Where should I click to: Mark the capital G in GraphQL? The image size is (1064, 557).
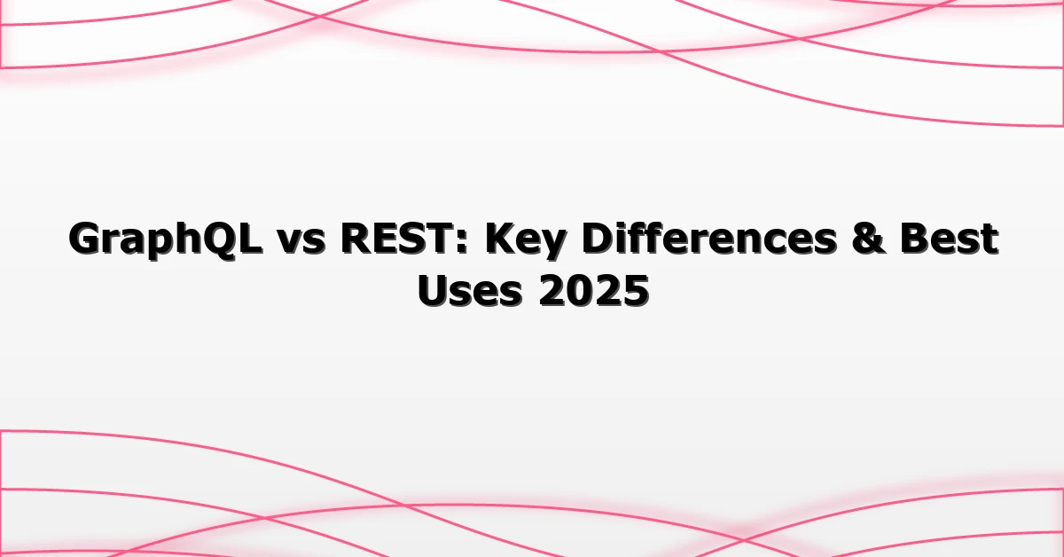point(86,239)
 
